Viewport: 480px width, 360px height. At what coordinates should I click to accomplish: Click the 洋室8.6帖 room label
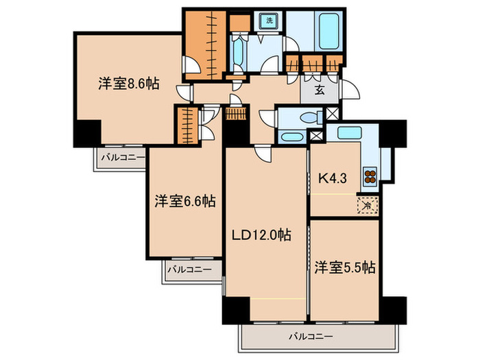coord(129,84)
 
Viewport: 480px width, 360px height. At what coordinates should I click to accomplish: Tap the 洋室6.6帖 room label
coord(185,201)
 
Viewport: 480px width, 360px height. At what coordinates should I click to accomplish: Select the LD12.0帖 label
coord(261,235)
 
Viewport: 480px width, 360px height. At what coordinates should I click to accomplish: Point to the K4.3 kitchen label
coord(333,178)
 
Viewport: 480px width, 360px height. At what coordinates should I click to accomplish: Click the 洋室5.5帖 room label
coord(345,267)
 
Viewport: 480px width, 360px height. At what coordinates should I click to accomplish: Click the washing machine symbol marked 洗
coord(269,21)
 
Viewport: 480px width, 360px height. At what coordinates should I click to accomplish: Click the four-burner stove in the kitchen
coord(370,176)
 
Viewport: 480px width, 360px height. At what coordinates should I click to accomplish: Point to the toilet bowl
coord(311,117)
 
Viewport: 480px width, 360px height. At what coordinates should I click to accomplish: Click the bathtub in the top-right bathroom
coord(328,31)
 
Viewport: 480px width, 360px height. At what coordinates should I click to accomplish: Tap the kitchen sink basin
coord(350,132)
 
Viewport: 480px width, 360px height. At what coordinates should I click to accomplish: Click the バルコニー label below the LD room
coord(311,337)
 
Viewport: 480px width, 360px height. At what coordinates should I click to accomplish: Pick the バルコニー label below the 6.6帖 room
coord(189,269)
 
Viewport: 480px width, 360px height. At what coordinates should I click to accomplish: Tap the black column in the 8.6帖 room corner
coord(88,132)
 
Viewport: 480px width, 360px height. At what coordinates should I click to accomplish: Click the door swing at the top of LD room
coord(263,152)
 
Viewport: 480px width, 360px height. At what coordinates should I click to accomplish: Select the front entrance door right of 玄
coord(349,89)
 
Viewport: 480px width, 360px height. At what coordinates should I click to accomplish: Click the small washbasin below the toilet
coord(291,137)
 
